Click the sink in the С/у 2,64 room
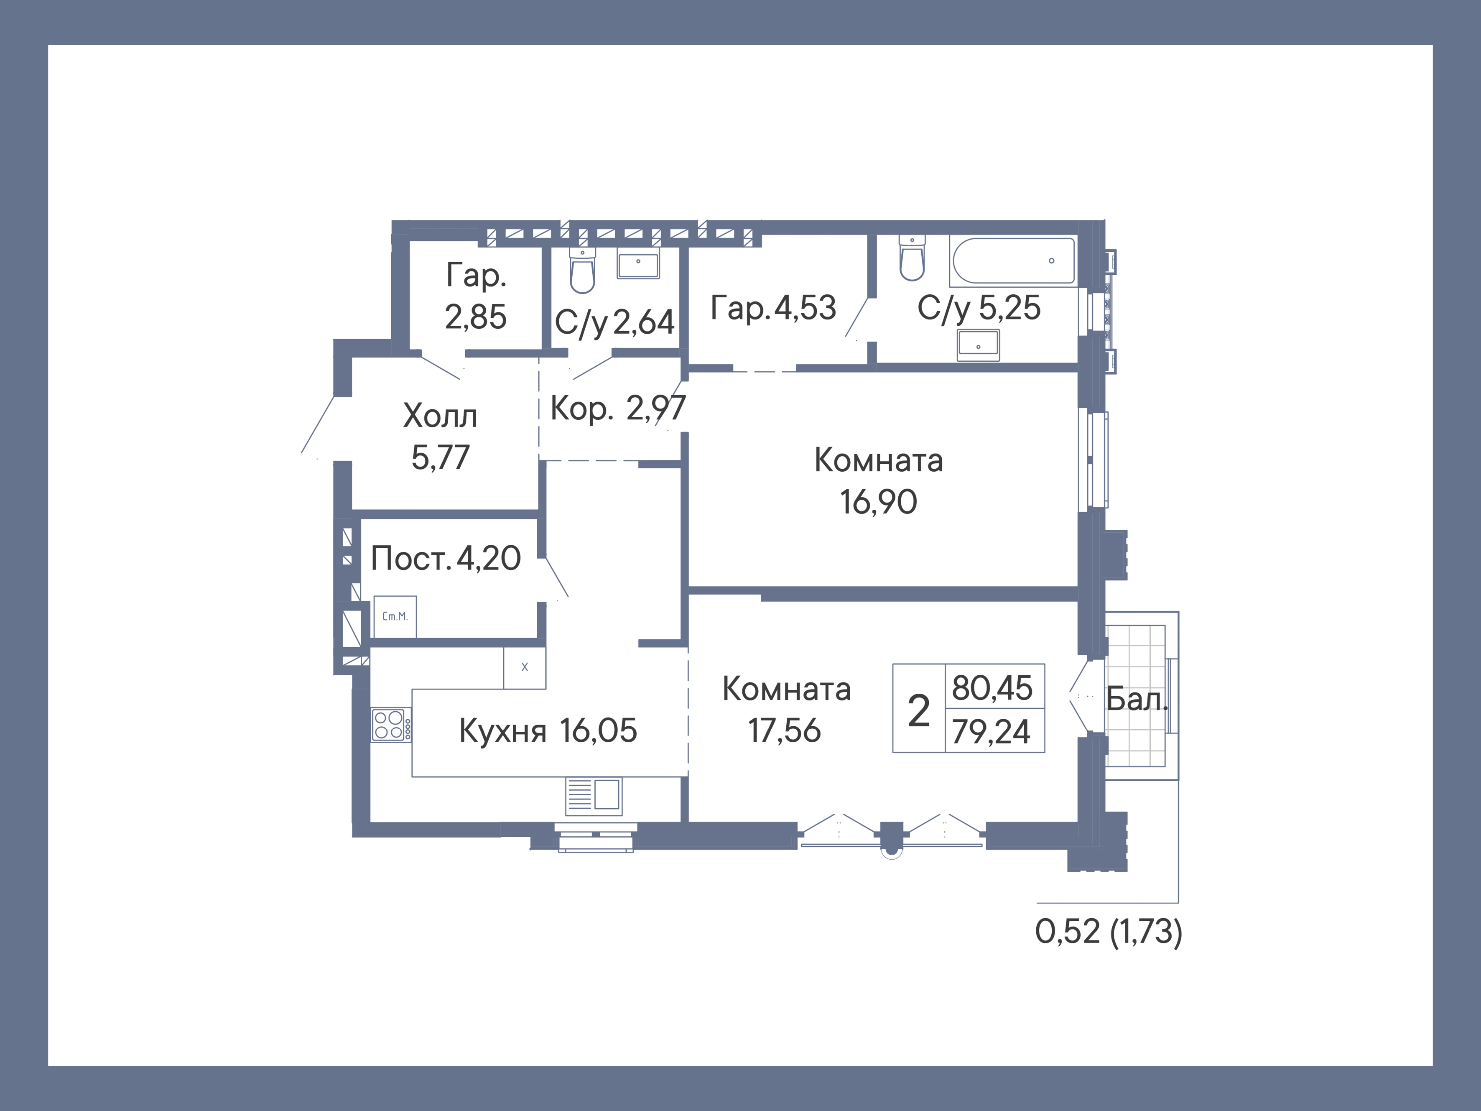click(x=638, y=265)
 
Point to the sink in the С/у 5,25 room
click(x=978, y=345)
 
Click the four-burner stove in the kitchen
click(x=390, y=725)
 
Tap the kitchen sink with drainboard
click(x=593, y=796)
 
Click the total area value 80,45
click(x=992, y=688)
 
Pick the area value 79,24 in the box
click(x=991, y=731)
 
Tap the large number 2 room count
click(x=919, y=710)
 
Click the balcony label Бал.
click(x=1136, y=700)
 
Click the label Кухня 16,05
click(x=548, y=730)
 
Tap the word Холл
click(x=440, y=416)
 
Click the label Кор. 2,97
click(x=617, y=408)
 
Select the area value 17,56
click(x=784, y=730)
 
